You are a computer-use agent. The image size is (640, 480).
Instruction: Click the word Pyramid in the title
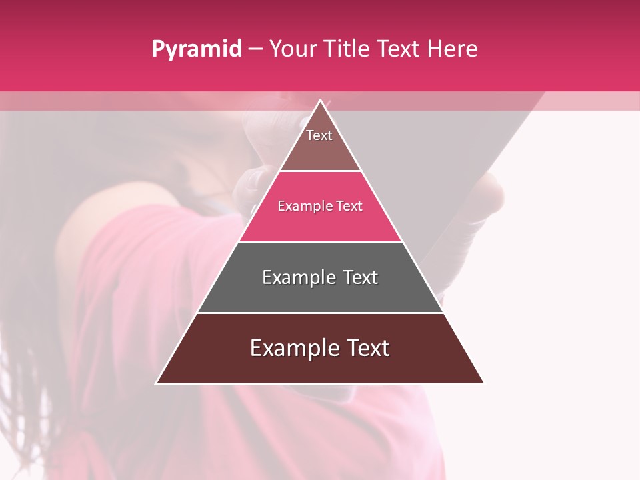coord(196,49)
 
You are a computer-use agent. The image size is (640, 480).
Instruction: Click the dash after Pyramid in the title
coord(255,49)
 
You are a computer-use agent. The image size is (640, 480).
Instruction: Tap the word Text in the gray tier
coord(360,277)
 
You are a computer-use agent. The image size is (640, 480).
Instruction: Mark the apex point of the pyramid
coord(320,101)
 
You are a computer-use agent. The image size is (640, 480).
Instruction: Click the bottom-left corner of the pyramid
coord(157,383)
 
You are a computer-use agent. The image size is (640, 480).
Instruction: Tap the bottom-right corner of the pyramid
coord(483,383)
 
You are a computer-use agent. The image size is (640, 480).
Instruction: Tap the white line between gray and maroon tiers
coord(320,313)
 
